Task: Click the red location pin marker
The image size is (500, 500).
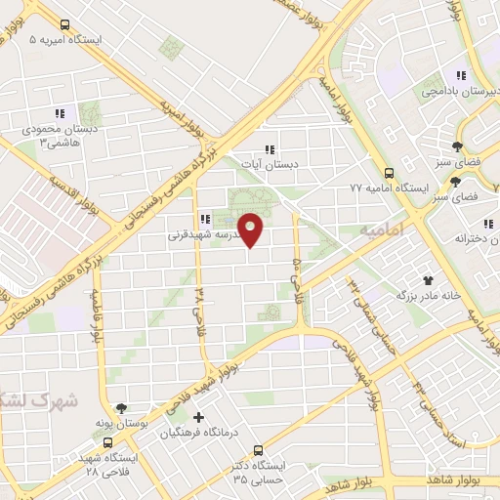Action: click(252, 230)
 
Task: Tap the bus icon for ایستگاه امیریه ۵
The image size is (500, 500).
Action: click(64, 24)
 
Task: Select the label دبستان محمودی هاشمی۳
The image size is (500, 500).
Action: click(56, 136)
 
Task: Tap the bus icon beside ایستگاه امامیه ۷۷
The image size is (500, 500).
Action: click(390, 168)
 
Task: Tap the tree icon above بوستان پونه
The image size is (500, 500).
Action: click(121, 410)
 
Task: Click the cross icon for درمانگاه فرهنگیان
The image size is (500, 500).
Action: click(199, 417)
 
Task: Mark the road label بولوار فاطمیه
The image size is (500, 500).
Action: click(99, 315)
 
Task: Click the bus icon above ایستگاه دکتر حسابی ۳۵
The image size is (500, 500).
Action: click(258, 450)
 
